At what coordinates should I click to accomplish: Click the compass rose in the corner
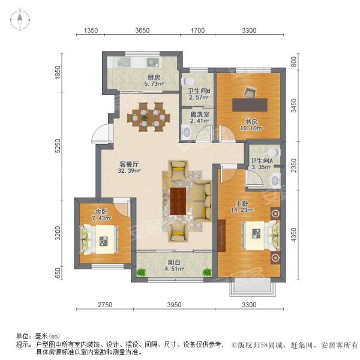[20, 20]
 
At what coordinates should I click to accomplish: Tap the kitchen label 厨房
[154, 77]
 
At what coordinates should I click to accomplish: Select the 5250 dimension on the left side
[58, 146]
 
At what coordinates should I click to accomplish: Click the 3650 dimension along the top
[142, 31]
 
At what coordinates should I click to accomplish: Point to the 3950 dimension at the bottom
[174, 305]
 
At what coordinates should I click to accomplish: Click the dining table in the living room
[149, 117]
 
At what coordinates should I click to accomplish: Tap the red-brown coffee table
[178, 201]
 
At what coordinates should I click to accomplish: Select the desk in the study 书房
[250, 105]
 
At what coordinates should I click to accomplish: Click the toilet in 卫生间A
[274, 152]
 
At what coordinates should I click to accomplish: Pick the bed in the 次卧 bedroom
[98, 239]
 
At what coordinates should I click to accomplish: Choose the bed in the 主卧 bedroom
[262, 236]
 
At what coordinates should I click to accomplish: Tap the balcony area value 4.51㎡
[174, 269]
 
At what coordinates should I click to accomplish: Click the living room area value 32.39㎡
[129, 170]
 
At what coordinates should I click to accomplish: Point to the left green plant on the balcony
[141, 272]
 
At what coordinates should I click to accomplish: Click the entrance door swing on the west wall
[101, 133]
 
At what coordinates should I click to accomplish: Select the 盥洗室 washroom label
[200, 114]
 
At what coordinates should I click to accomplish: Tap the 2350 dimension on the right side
[293, 166]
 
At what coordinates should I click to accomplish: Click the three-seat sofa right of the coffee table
[202, 201]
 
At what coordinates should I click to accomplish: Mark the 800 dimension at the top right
[293, 62]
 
